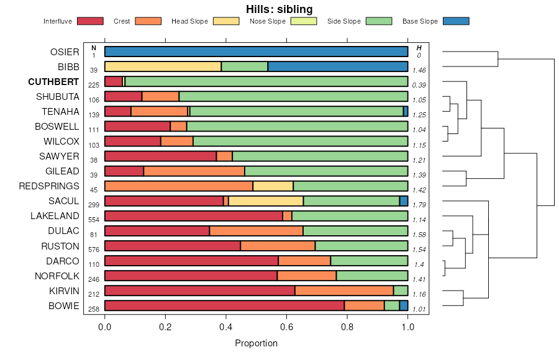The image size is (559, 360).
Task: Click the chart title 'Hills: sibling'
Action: [279, 9]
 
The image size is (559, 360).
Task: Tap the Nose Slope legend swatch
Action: [304, 21]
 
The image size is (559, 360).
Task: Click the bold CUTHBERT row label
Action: [53, 82]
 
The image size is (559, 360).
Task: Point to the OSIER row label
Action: [65, 52]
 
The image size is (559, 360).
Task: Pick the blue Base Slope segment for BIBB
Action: [337, 66]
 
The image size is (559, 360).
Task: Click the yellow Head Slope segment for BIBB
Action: [163, 66]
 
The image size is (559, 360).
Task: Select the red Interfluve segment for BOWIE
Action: [224, 305]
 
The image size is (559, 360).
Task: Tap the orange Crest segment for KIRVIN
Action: [343, 290]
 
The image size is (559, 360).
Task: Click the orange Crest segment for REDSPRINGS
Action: [179, 186]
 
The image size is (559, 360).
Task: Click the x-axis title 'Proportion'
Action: [256, 343]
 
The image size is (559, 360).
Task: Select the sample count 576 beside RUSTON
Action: [94, 250]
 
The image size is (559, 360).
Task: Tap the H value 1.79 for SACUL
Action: [419, 204]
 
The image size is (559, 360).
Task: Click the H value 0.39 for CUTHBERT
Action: [419, 85]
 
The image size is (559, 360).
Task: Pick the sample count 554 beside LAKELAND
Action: [94, 220]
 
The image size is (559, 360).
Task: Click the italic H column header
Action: [419, 48]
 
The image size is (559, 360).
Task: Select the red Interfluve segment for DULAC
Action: [157, 231]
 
